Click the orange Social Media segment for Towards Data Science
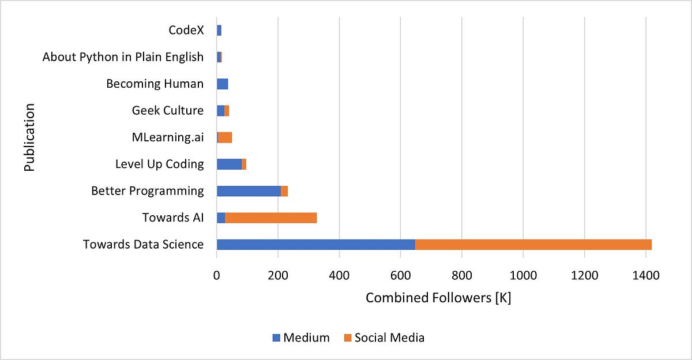pos(533,244)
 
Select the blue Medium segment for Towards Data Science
pos(315,244)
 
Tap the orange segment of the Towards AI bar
pos(270,217)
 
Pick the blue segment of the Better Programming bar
pos(249,191)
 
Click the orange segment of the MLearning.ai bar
pos(225,137)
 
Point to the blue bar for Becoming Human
pos(222,84)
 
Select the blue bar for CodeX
pos(219,30)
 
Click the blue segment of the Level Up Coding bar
pos(229,164)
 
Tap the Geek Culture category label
pos(167,110)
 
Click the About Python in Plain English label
pos(123,57)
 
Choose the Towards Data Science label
pos(143,244)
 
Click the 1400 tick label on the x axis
pos(645,276)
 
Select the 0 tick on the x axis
pos(217,276)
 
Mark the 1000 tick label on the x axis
pos(523,276)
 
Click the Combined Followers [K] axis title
pos(438,299)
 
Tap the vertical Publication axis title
pos(31,137)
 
